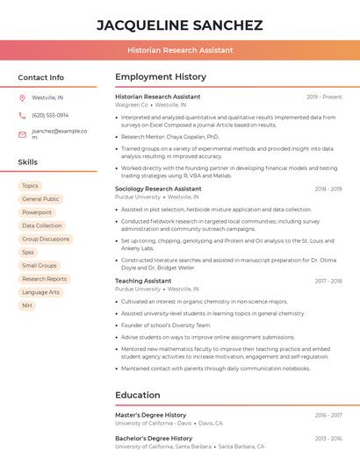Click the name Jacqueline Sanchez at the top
click(179, 25)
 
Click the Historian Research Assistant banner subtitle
click(179, 50)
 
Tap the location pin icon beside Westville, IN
click(22, 97)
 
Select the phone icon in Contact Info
click(22, 115)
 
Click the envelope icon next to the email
click(22, 134)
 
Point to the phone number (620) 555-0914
click(50, 115)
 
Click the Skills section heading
click(28, 162)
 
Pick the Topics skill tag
click(30, 186)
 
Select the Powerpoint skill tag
click(37, 212)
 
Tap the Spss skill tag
click(28, 252)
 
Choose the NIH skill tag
click(27, 305)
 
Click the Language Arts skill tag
click(40, 292)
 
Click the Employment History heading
click(161, 77)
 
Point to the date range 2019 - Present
click(324, 97)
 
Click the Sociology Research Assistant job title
click(158, 189)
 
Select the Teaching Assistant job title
click(143, 281)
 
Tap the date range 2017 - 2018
click(328, 281)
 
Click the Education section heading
click(138, 395)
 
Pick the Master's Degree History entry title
click(151, 415)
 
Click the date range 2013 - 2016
click(328, 438)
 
